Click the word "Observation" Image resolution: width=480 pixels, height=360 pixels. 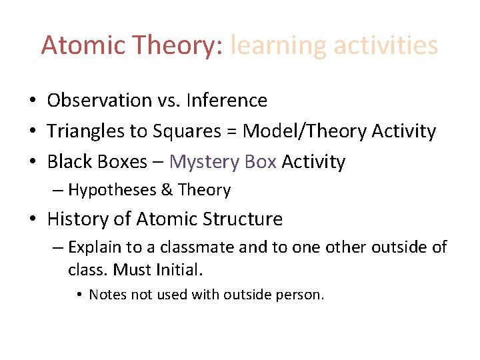pos(99,101)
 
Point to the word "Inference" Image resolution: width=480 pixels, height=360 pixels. pos(227,101)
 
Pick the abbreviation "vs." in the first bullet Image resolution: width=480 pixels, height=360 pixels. pos(169,101)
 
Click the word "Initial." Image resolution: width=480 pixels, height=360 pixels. pos(179,270)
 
